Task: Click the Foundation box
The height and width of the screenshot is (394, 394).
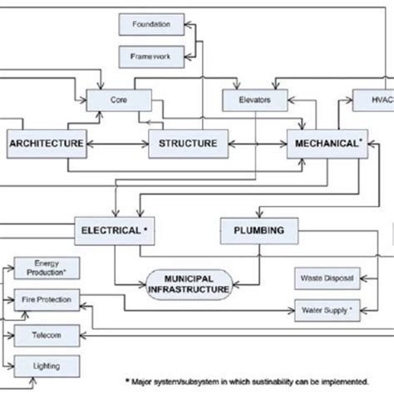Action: coord(150,25)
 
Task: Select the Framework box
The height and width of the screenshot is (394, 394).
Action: coord(150,57)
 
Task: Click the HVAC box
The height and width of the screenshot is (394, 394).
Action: coord(372,100)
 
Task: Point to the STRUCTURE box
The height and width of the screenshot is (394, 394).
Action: coord(188,144)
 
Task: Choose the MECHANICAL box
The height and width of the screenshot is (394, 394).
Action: coord(328,144)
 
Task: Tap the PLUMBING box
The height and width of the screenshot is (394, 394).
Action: coord(254,229)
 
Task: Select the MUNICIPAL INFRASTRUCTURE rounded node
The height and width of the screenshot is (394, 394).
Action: coord(189,283)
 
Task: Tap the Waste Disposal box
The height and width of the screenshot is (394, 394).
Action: coord(328,279)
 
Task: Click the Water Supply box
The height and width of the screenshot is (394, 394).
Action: coord(328,311)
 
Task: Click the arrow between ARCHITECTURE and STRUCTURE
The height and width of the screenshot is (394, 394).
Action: coord(116,144)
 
